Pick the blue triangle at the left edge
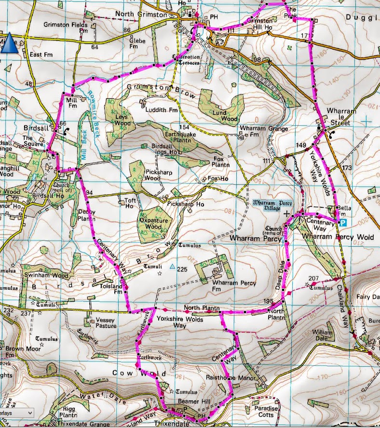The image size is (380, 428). click(10, 43)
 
